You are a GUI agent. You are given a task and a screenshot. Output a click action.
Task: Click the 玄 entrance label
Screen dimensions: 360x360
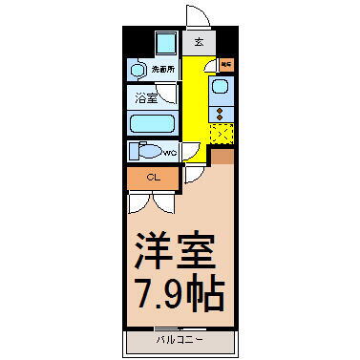click(199, 42)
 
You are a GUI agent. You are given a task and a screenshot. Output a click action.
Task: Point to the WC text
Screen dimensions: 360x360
click(169, 153)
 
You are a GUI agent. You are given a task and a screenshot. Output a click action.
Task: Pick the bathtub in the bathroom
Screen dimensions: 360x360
click(152, 124)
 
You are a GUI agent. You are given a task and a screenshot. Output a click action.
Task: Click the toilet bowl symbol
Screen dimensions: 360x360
click(146, 152)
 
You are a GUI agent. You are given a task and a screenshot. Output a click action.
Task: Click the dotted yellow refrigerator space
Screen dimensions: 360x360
click(222, 134)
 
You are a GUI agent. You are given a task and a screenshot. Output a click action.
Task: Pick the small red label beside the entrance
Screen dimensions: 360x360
click(226, 64)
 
